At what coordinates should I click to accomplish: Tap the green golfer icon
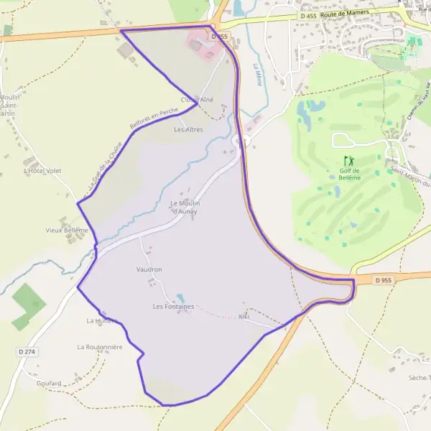[x=349, y=160]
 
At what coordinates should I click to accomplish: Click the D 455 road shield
[x=307, y=15]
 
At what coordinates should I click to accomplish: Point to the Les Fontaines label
[x=173, y=307]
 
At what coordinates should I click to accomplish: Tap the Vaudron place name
[x=149, y=269]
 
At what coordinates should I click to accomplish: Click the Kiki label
[x=244, y=316]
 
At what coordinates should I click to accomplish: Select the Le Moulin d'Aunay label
[x=184, y=207]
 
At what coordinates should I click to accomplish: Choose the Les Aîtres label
[x=189, y=130]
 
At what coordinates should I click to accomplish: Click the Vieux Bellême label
[x=66, y=230]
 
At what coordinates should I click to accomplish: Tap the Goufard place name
[x=49, y=384]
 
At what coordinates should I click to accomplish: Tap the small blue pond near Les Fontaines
[x=180, y=297]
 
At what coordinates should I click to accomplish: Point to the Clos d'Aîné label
[x=198, y=100]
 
